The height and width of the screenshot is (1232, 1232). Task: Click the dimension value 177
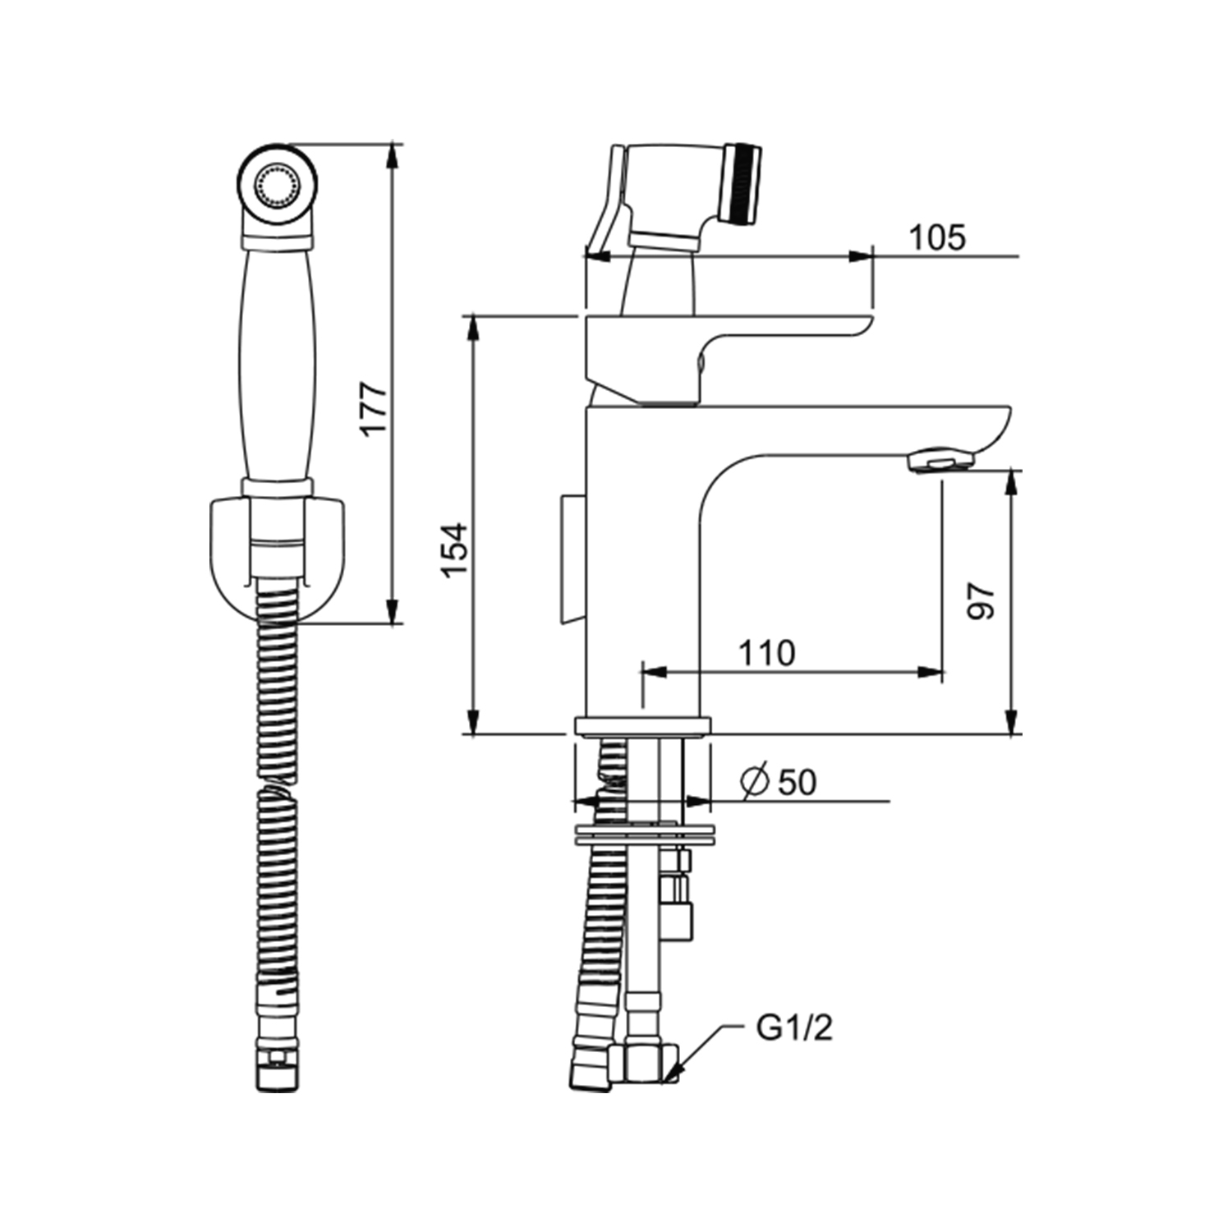click(x=374, y=409)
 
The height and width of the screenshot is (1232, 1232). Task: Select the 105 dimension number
click(x=937, y=237)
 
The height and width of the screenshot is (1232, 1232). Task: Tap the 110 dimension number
click(x=766, y=654)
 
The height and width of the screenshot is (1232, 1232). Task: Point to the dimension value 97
click(x=981, y=602)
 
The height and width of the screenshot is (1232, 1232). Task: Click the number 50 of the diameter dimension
click(x=797, y=783)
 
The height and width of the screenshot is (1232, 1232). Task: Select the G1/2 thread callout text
click(x=793, y=1028)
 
